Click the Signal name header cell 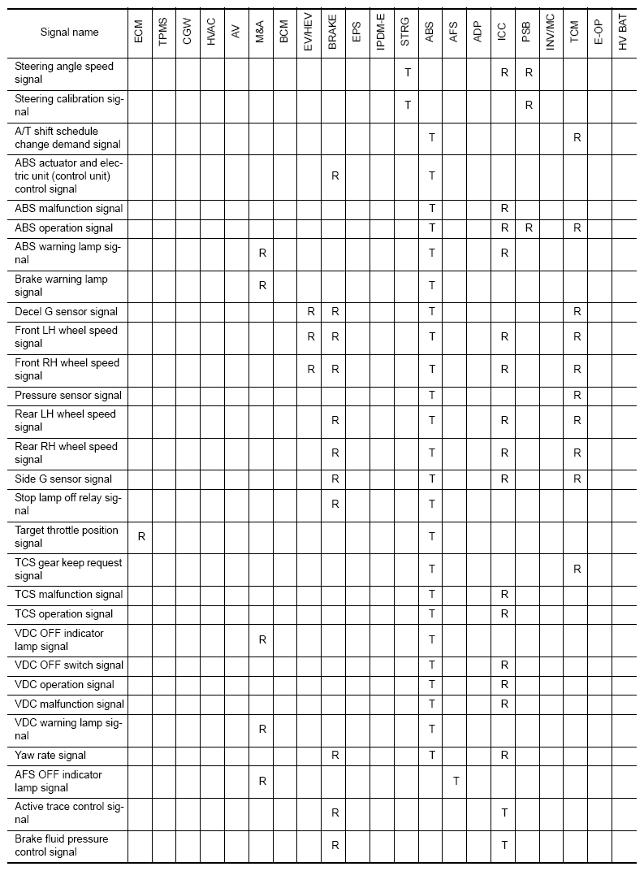pyautogui.click(x=70, y=32)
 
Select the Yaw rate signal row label pyautogui.click(x=50, y=756)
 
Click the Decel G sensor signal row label pyautogui.click(x=67, y=311)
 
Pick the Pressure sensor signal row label pyautogui.click(x=68, y=395)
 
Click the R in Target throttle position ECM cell pyautogui.click(x=140, y=536)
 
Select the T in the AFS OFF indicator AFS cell pyautogui.click(x=456, y=781)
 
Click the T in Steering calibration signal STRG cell pyautogui.click(x=408, y=105)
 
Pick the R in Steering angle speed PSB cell pyautogui.click(x=529, y=72)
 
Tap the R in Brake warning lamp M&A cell pyautogui.click(x=262, y=285)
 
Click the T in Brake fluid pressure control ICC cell pyautogui.click(x=504, y=845)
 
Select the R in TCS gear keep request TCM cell pyautogui.click(x=577, y=569)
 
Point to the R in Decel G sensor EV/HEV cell pyautogui.click(x=311, y=311)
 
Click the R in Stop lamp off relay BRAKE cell pyautogui.click(x=335, y=504)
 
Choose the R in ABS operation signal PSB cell pyautogui.click(x=529, y=227)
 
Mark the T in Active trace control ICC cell pyautogui.click(x=504, y=812)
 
